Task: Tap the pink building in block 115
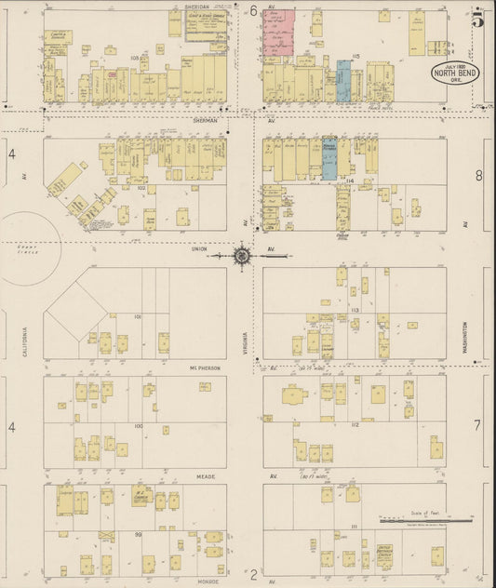[278, 33]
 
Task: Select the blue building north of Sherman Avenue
[343, 82]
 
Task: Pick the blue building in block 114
[329, 159]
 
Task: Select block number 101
[137, 317]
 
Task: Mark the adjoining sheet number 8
[478, 175]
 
